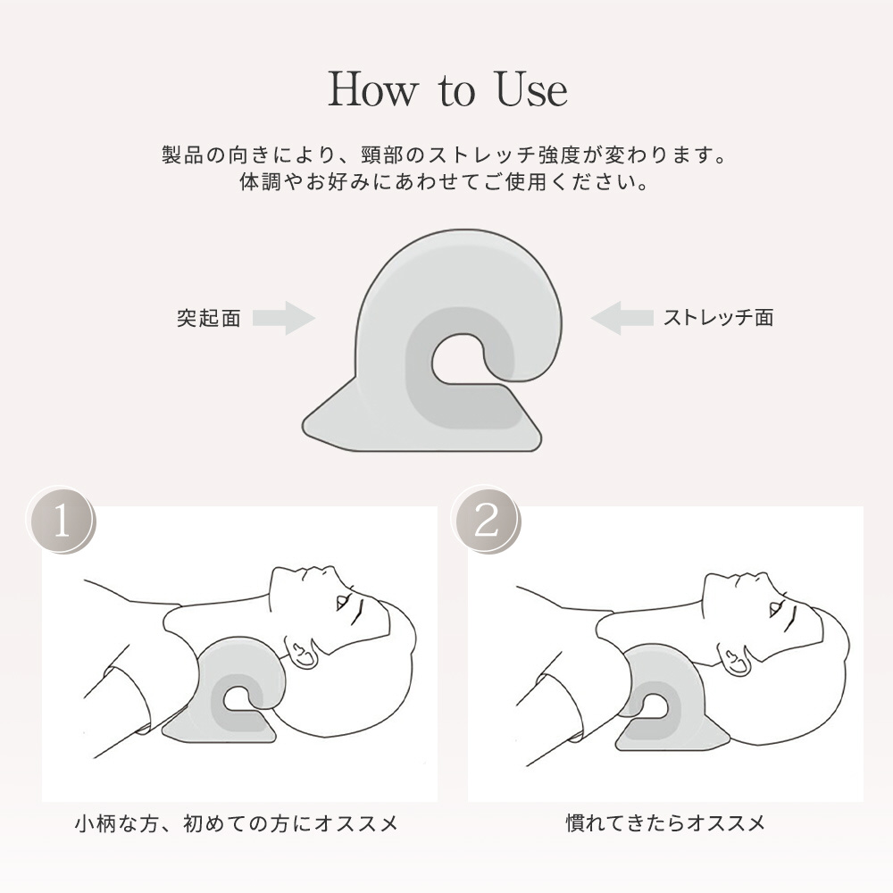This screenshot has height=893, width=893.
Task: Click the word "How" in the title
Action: [x=373, y=90]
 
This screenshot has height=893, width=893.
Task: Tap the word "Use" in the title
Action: [x=532, y=90]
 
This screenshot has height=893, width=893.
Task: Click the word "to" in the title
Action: [x=456, y=92]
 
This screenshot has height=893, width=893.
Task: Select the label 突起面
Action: [x=208, y=318]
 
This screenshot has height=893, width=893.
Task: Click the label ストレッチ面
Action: [x=718, y=317]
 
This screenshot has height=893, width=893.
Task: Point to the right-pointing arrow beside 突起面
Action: [x=284, y=318]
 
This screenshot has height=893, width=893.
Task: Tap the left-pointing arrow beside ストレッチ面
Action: [x=622, y=318]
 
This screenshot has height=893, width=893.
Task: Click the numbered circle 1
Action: [x=61, y=521]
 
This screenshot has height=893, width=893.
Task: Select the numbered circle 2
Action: [x=486, y=521]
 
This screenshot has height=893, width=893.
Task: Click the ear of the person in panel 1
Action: [x=303, y=655]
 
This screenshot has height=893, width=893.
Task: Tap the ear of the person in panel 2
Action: [x=735, y=655]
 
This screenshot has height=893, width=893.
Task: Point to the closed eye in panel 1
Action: [x=345, y=602]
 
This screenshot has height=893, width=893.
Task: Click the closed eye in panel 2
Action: [x=777, y=608]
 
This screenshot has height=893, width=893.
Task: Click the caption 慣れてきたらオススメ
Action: [x=666, y=822]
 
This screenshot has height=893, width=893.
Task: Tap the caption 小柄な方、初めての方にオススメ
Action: [x=237, y=823]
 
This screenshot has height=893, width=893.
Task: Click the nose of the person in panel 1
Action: [x=312, y=572]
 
